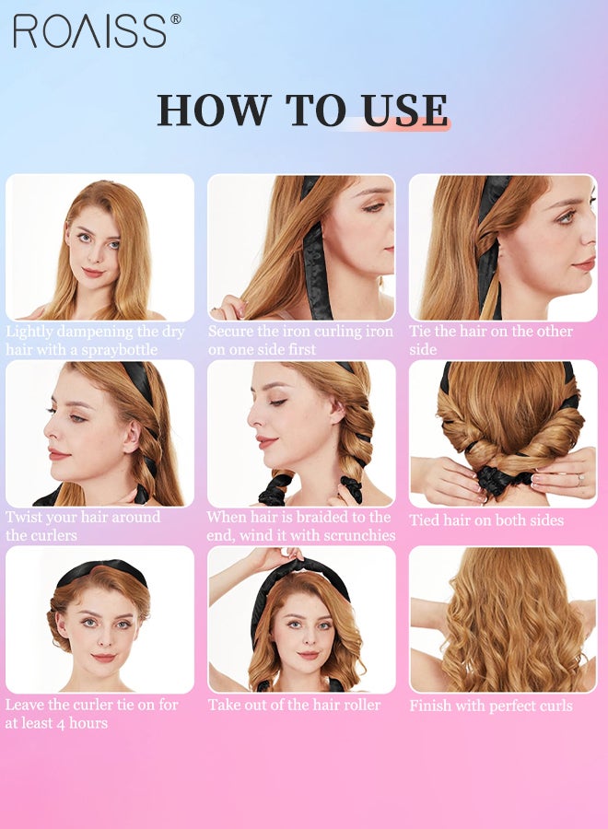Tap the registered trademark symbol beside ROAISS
(176, 19)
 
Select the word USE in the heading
(405, 110)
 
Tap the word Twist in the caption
(23, 517)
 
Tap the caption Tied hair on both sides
(486, 520)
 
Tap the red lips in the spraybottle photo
(93, 273)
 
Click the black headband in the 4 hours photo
(101, 573)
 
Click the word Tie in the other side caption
(421, 332)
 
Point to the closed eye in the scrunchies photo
(277, 403)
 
